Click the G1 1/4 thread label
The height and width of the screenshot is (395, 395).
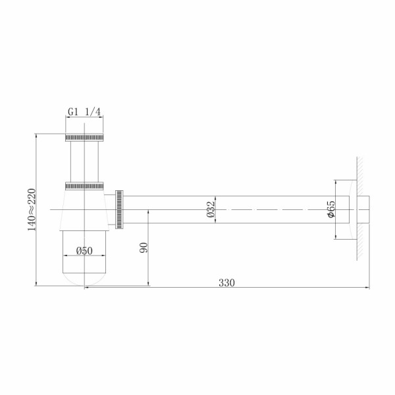84,112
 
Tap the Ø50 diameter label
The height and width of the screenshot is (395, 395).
84,251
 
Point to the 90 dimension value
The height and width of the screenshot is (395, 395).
144,248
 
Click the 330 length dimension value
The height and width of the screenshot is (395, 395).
226,282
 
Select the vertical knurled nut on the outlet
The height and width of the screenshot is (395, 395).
119,209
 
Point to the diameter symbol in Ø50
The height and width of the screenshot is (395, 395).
78,251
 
